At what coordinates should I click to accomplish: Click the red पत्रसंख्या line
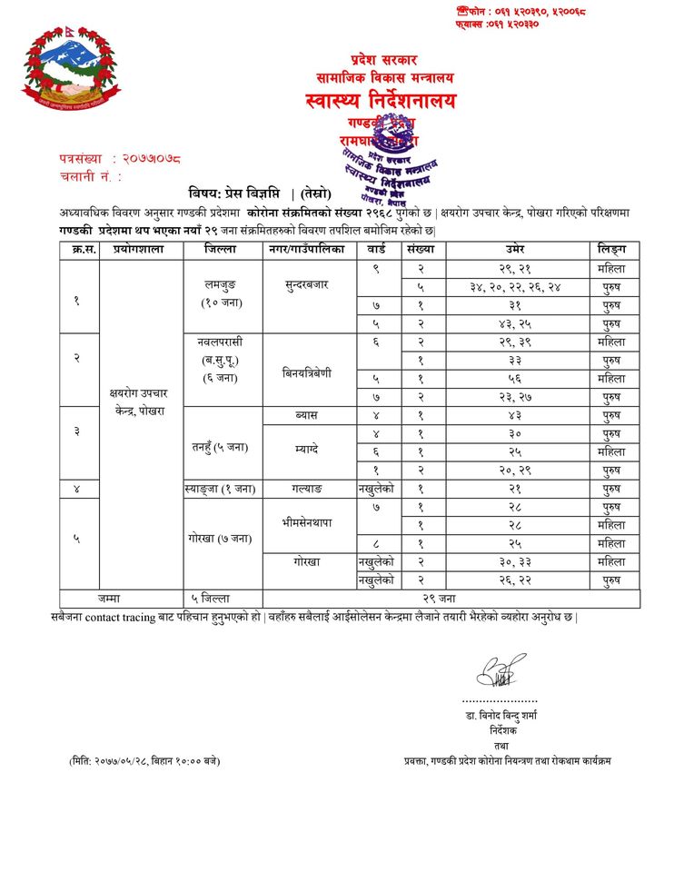click(x=120, y=159)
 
